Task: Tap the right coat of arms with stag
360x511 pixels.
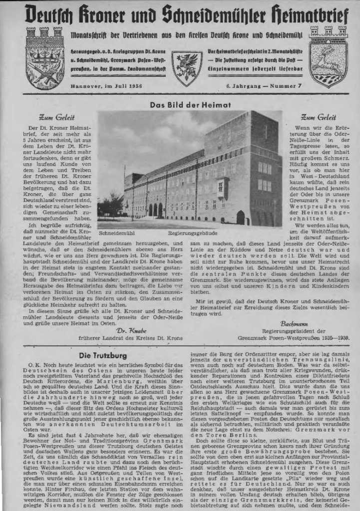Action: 328,56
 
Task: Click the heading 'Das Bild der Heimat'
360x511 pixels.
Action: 190,105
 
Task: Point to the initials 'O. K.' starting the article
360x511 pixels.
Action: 34,366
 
